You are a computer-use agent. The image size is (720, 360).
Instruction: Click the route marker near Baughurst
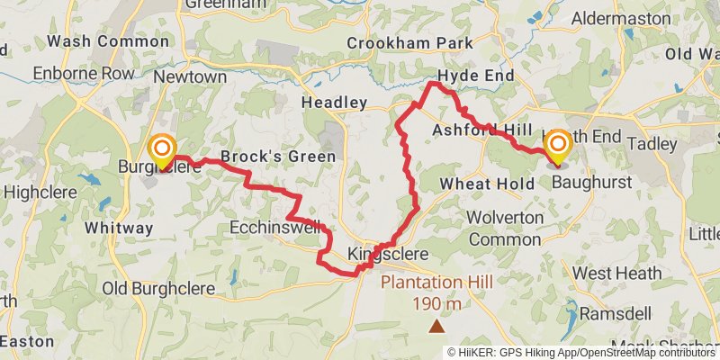point(558,147)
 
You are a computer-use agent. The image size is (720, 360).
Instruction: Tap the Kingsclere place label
point(388,255)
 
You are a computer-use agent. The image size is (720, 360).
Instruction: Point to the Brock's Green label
point(278,157)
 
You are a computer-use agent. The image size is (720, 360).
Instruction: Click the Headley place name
point(335,103)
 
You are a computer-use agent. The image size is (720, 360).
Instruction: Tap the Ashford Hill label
point(481,130)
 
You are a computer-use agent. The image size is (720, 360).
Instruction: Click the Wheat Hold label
point(479,184)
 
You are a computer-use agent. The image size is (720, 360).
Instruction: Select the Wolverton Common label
point(506,227)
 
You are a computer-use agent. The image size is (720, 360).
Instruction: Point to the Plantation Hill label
point(436,283)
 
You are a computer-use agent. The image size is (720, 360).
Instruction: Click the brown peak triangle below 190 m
point(436,326)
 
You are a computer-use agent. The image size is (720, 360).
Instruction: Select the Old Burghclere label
point(159,288)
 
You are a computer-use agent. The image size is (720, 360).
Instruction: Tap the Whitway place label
point(119,228)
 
